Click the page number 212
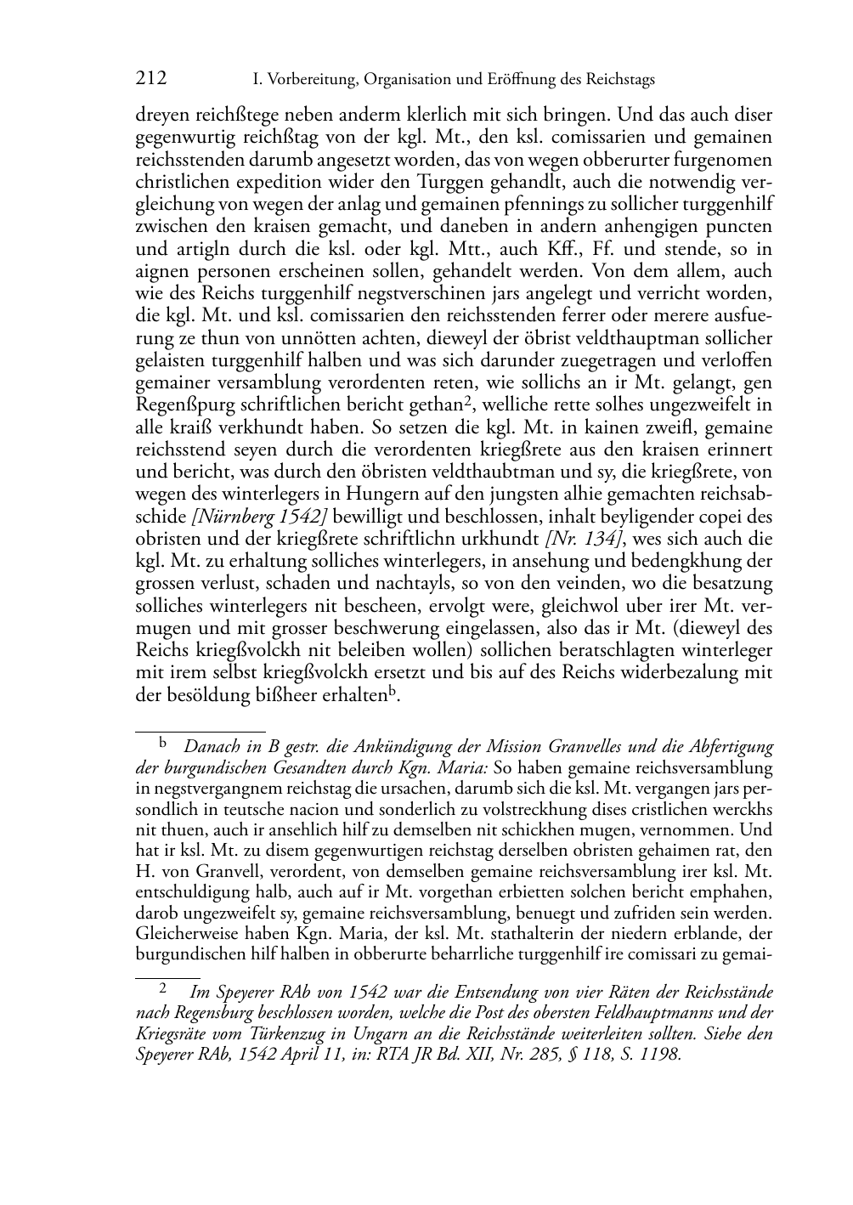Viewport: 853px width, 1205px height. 151,79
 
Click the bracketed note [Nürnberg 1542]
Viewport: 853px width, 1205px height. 260,517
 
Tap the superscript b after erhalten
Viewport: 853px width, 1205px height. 393,690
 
